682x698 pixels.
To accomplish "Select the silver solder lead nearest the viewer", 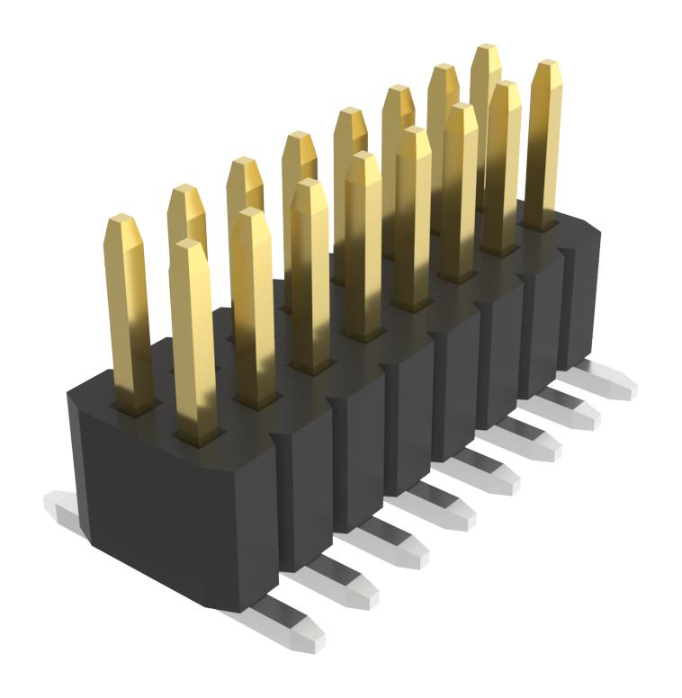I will click(288, 626).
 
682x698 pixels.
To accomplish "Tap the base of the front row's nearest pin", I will click(197, 435).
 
